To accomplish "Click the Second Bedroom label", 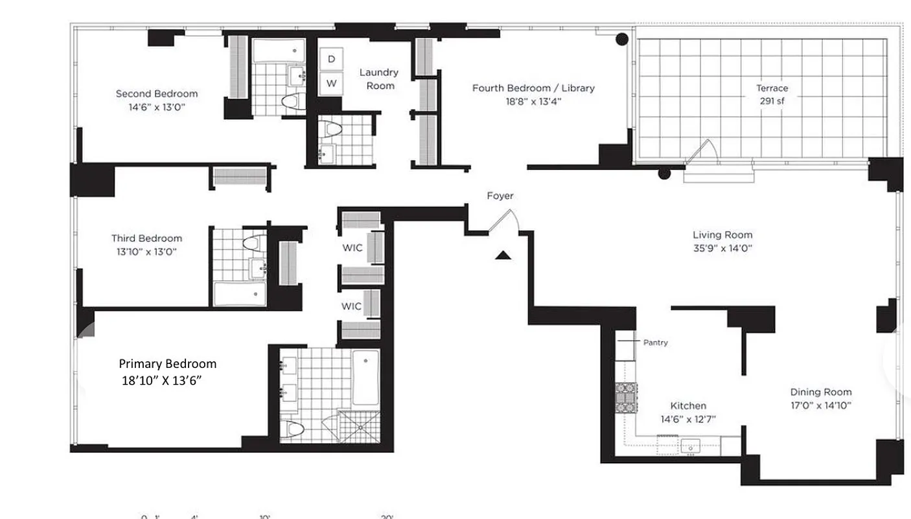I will (x=157, y=93).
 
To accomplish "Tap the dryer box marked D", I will (x=331, y=59).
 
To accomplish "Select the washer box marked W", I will (x=331, y=83).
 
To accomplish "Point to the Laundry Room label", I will (x=379, y=78).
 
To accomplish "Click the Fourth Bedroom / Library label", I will (x=533, y=88).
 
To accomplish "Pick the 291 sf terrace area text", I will (x=772, y=101).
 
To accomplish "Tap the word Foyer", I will (x=500, y=195).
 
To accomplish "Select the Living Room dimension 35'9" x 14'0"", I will (x=722, y=248).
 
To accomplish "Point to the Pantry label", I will (x=655, y=342).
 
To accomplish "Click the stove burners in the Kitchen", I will (x=626, y=398).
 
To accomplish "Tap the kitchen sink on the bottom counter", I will (x=690, y=444).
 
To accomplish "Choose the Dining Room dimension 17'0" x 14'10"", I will (x=820, y=405).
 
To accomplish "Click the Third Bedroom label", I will (x=146, y=238).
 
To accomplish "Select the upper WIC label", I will (x=352, y=248).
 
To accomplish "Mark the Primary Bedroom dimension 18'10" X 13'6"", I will (x=161, y=380).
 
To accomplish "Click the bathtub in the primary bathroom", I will (x=365, y=377).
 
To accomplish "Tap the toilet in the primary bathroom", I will (x=295, y=429).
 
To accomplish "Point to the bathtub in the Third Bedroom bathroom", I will (x=240, y=294).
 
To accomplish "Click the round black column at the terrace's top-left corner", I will (x=621, y=39).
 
